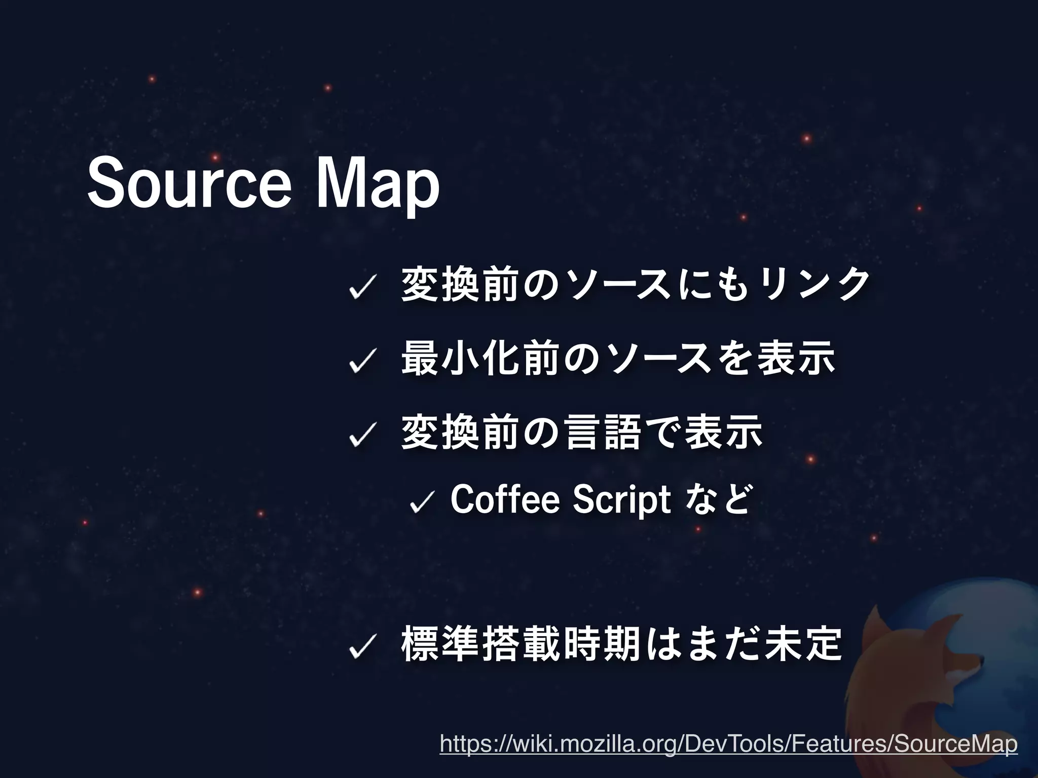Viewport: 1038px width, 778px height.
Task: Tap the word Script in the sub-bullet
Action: tap(621, 500)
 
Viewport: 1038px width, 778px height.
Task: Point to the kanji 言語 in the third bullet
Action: tap(603, 433)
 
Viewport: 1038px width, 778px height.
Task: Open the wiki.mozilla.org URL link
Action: tap(728, 744)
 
